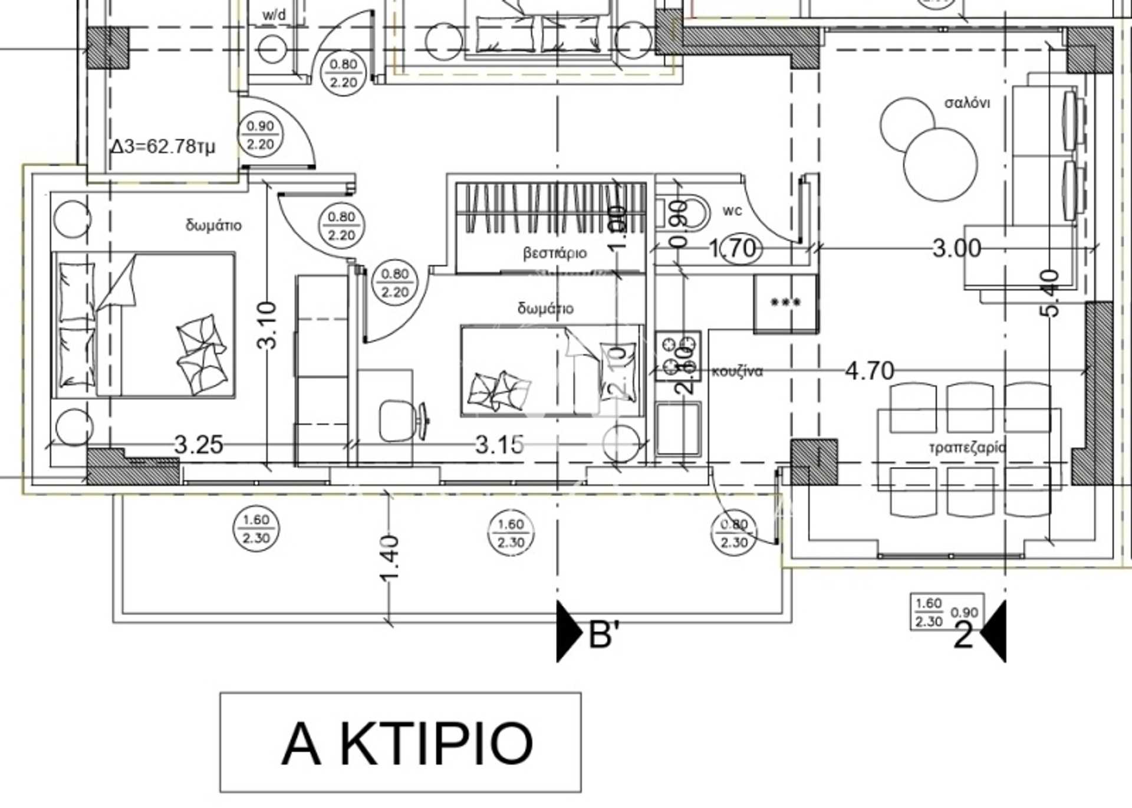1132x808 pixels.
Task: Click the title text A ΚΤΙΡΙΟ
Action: coord(407,743)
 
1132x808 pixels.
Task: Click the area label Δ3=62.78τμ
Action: coord(163,146)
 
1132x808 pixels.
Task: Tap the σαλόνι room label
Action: coord(967,103)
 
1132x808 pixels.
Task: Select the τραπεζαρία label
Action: coord(967,447)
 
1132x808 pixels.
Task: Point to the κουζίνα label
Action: coord(737,371)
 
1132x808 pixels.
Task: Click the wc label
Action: coord(732,211)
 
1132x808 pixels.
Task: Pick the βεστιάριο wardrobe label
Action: coord(555,253)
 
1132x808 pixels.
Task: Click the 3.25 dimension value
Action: coord(199,445)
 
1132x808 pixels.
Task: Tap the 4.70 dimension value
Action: coord(870,371)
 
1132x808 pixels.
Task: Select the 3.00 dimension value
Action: coord(956,248)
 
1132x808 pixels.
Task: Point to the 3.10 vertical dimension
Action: coord(267,325)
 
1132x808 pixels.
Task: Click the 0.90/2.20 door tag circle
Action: coord(260,135)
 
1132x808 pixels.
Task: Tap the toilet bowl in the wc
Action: coord(690,214)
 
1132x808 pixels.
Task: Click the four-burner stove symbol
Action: coord(678,356)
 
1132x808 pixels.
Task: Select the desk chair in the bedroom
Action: coord(396,421)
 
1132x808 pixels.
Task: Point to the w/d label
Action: coord(274,15)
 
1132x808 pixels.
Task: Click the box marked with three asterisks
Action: coord(785,303)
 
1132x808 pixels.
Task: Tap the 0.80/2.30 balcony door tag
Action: coord(734,533)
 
